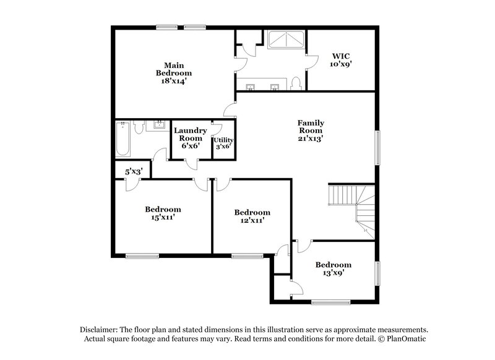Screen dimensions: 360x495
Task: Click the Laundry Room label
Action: [x=189, y=138]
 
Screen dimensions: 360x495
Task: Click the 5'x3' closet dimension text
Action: [x=134, y=171]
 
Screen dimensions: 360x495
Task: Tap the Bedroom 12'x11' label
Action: [x=252, y=216]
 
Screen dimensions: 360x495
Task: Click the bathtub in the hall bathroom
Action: [x=123, y=139]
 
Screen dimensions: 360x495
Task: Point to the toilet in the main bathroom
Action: [x=296, y=83]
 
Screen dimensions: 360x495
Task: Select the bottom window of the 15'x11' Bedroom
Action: [x=142, y=255]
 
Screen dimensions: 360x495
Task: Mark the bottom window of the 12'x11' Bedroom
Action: [x=247, y=255]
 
